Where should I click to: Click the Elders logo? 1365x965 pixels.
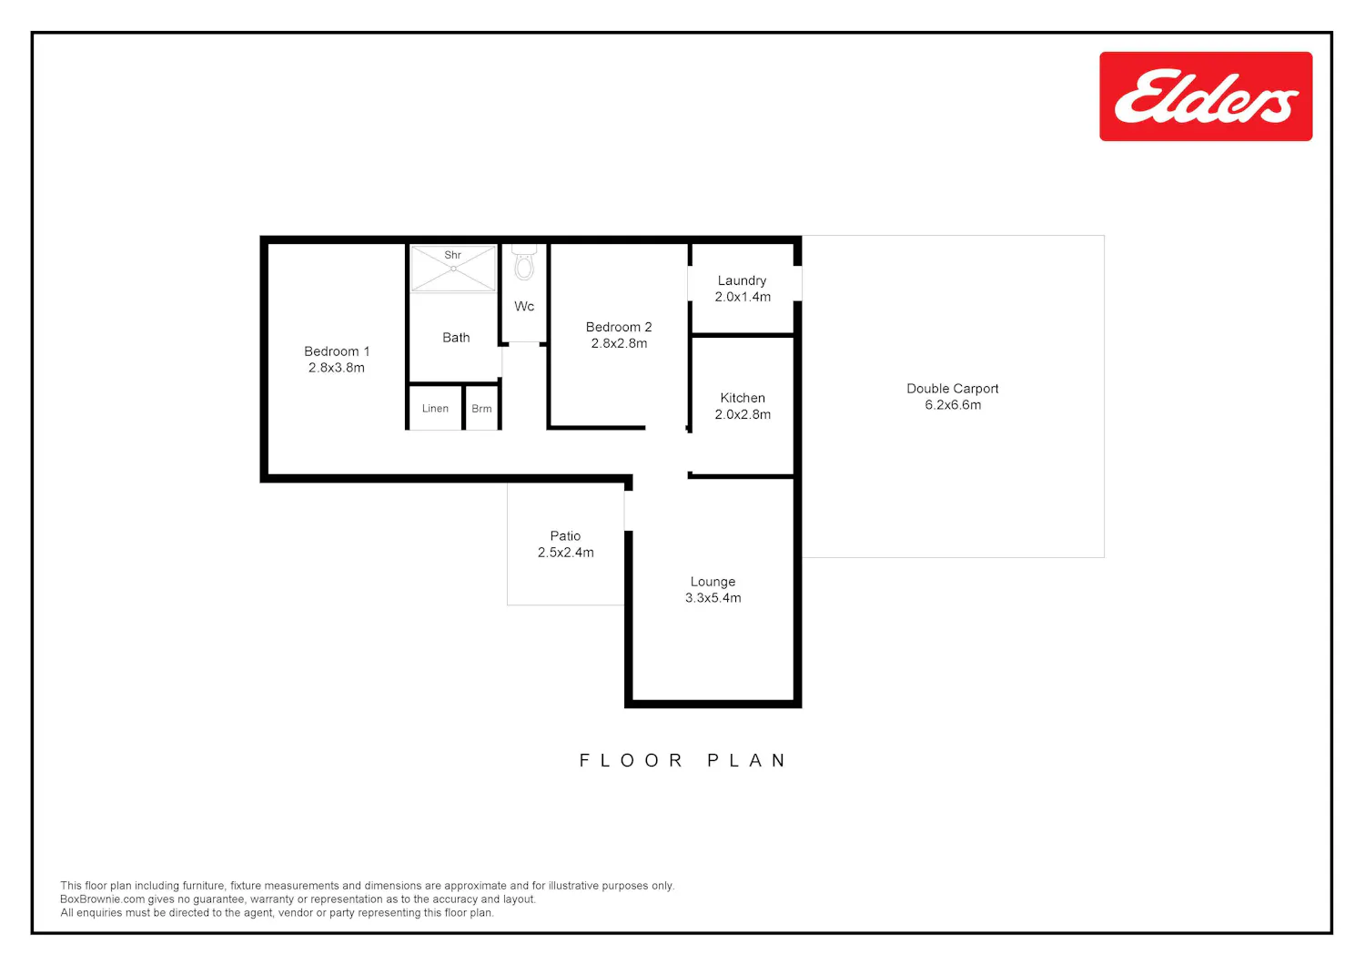coord(1206,96)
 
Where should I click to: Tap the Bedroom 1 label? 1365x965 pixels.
coord(337,351)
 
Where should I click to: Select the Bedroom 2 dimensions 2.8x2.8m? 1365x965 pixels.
coord(619,343)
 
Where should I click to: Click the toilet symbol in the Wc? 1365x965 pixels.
coord(524,263)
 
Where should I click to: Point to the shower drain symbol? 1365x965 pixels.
coord(453,269)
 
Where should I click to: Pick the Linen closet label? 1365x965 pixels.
coord(435,409)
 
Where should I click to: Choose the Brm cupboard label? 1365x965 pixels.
coord(481,409)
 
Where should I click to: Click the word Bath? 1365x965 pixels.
coord(456,337)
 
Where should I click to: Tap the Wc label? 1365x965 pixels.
coord(524,306)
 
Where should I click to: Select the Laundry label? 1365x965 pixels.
coord(742,280)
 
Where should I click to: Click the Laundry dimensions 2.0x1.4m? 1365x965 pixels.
coord(743,297)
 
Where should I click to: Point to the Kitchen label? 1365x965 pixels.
coord(743,398)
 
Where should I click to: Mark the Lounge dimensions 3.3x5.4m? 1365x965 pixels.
coord(713,598)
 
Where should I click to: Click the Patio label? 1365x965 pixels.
coord(565,536)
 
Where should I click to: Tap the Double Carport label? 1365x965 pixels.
coord(953,389)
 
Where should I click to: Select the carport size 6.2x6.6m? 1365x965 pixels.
coord(953,405)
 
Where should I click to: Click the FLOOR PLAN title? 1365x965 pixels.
coord(682,760)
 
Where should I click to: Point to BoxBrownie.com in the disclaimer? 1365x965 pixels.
coord(102,899)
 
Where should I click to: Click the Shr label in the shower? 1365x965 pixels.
coord(453,255)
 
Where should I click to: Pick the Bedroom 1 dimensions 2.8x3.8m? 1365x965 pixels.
coord(337,368)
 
